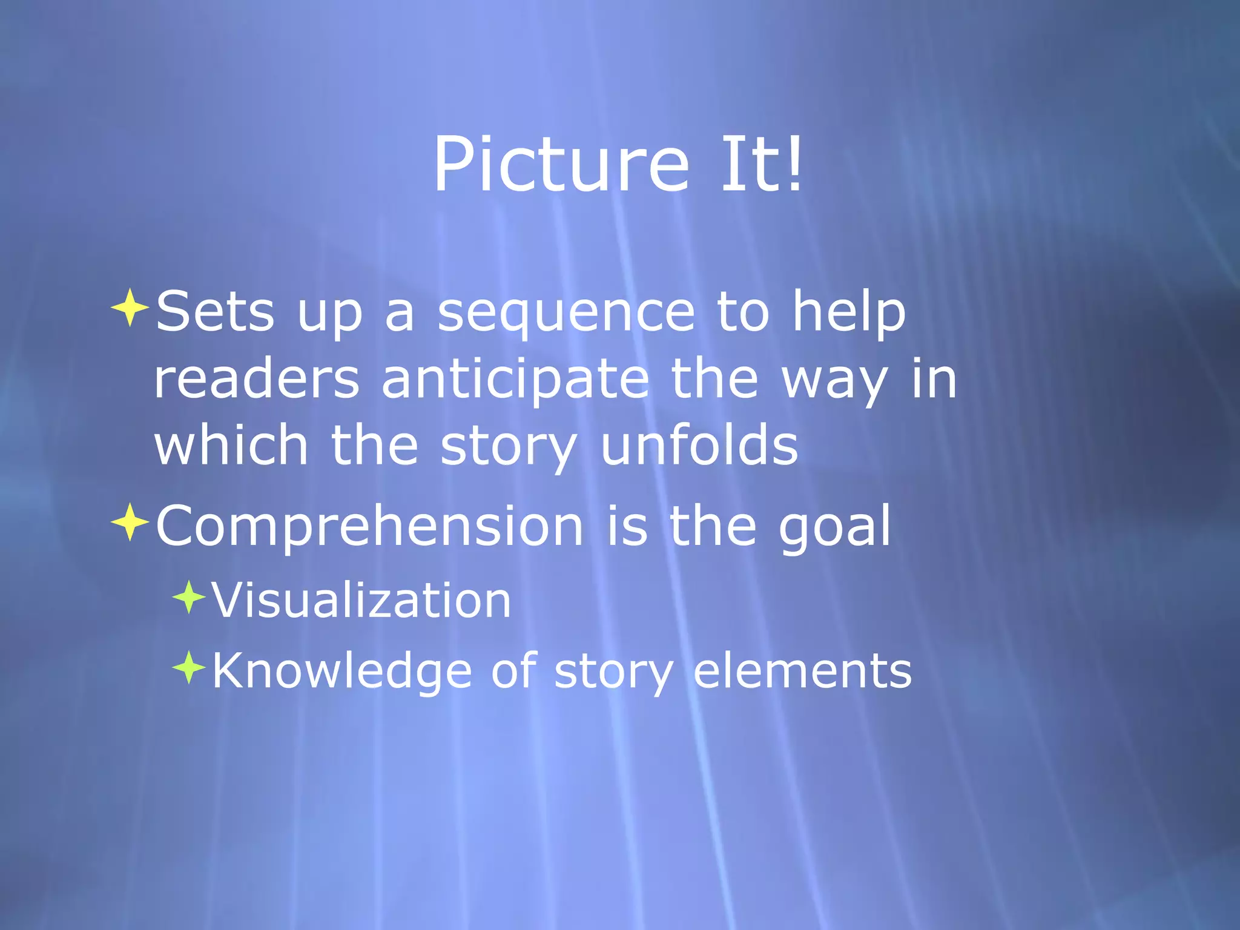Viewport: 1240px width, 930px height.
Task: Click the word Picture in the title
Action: (561, 165)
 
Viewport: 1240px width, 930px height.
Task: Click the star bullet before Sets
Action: (130, 308)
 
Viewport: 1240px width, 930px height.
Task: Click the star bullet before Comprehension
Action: (130, 521)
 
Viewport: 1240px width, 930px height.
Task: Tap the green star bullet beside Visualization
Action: (190, 597)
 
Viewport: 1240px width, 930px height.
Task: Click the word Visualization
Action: (361, 601)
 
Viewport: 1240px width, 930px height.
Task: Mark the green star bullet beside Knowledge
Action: (190, 667)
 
